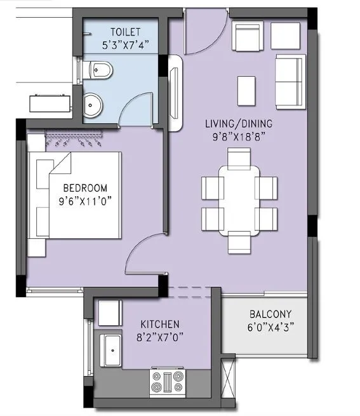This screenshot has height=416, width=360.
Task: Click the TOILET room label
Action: pos(125,32)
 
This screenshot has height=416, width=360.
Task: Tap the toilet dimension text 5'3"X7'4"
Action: pos(125,45)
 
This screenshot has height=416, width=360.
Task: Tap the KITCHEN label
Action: pos(159,324)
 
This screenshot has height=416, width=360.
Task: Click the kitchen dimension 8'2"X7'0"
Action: pos(159,338)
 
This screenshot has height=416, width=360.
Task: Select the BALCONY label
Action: pos(270,314)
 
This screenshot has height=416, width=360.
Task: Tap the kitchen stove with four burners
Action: pos(168,381)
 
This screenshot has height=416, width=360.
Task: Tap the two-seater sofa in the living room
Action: pos(290,72)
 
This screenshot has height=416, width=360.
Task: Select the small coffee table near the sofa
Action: pos(247,90)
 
